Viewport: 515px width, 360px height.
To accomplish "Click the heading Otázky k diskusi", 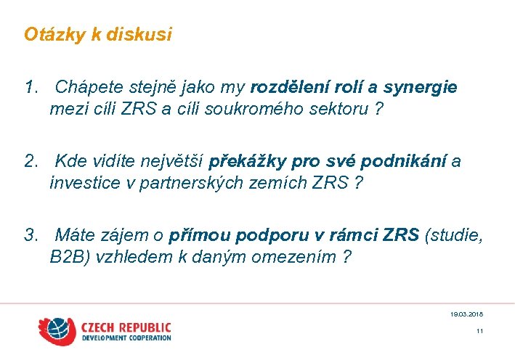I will click(x=98, y=34).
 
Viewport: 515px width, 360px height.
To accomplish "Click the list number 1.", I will click(x=31, y=88).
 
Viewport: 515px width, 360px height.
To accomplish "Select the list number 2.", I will click(x=31, y=160).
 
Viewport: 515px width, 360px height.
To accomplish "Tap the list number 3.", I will click(x=31, y=234).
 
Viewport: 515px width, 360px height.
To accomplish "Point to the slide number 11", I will click(x=479, y=332).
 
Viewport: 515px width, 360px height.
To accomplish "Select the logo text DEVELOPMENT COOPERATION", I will click(x=126, y=338).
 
